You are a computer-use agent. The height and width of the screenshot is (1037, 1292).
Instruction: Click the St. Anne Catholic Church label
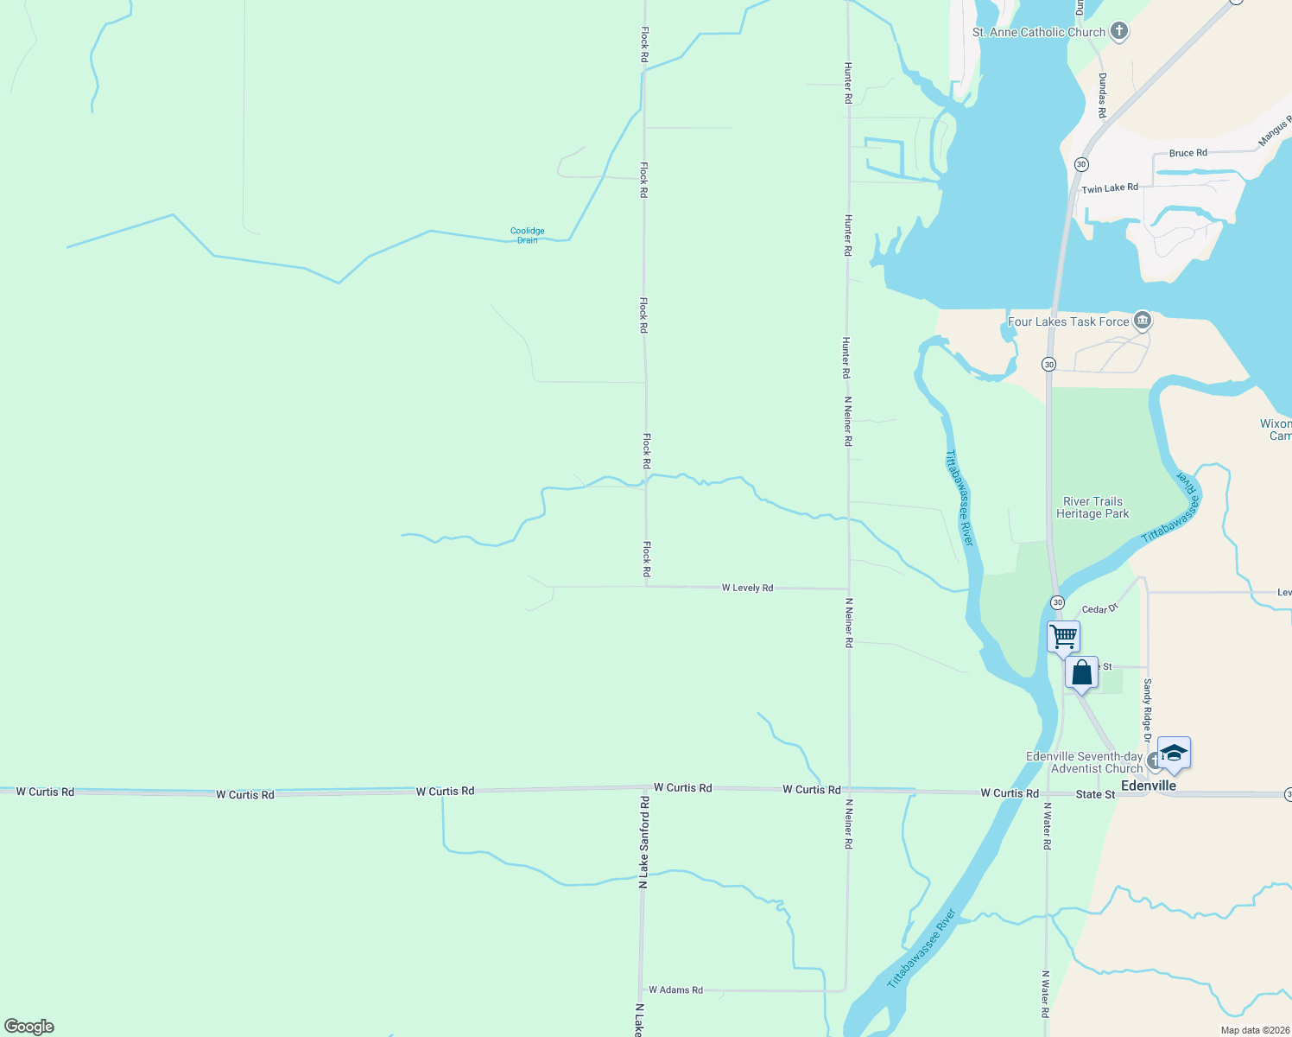1038,32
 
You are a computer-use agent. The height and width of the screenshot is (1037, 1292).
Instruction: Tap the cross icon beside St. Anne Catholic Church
1119,32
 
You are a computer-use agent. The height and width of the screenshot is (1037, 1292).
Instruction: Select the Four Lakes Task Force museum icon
1143,321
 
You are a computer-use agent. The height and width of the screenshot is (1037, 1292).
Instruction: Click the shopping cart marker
1064,637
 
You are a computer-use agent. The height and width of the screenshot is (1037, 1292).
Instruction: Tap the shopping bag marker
1081,672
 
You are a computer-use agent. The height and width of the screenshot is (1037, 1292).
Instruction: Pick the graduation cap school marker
1174,753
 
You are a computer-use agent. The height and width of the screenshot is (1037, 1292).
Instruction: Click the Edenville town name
1148,786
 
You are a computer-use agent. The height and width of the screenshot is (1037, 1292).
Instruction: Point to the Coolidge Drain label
527,235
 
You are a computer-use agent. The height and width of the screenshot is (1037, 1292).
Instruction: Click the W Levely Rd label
747,588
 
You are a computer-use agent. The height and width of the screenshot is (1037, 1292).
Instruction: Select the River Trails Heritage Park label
1092,507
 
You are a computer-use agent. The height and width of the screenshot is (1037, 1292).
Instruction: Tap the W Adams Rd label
675,989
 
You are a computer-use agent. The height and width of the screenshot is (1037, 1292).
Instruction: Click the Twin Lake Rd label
1110,188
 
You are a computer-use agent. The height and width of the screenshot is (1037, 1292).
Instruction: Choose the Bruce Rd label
1187,153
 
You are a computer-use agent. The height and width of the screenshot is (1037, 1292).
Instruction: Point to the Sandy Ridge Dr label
1147,709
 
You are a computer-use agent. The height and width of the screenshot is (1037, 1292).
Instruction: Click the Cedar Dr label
1099,609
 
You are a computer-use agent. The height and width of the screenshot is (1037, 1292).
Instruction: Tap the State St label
1095,794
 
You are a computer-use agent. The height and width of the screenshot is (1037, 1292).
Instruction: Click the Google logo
29,1027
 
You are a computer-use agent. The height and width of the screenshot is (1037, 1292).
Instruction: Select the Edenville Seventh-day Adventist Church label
1085,762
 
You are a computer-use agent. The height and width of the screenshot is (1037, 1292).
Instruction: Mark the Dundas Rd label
1102,95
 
